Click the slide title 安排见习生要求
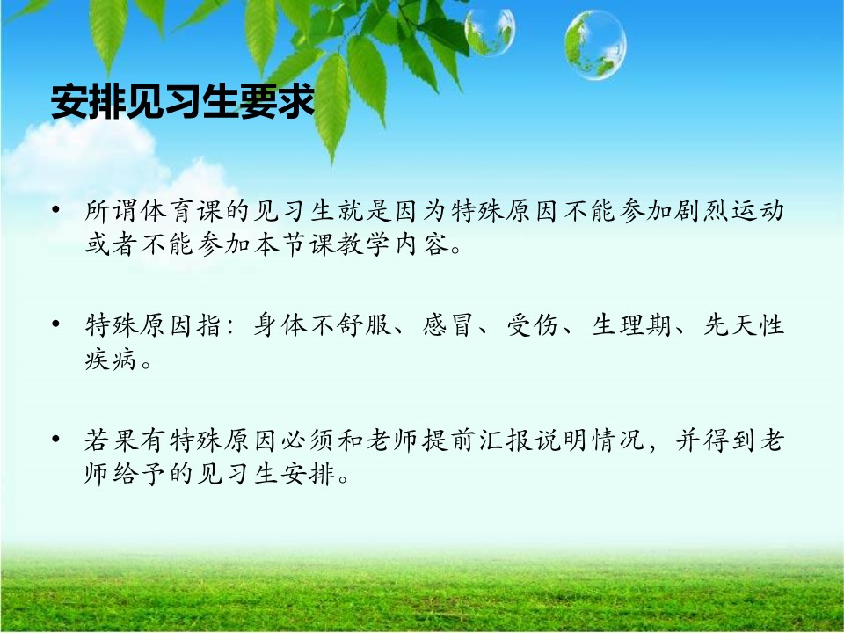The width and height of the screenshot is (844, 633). point(183,101)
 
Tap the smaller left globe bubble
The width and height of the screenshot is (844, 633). point(490,32)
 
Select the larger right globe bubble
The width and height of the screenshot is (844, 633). point(595,45)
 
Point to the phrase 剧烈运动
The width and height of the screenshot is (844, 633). point(728,210)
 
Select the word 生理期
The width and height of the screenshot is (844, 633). point(631,325)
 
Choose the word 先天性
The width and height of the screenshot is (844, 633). point(744,325)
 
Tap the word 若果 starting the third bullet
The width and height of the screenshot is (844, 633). point(112,440)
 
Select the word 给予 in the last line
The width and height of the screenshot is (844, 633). point(140,474)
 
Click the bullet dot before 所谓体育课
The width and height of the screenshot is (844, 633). point(56,209)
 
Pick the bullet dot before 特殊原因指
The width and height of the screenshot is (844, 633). point(56,324)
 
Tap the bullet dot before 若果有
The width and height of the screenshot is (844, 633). point(56,439)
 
